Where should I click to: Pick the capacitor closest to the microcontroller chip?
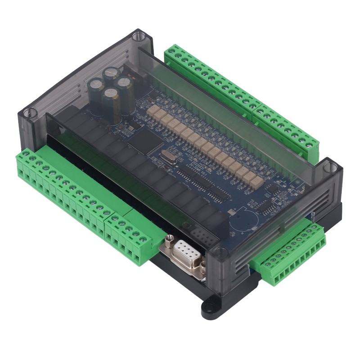click(x=112, y=103)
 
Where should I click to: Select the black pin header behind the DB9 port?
click(x=198, y=234)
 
